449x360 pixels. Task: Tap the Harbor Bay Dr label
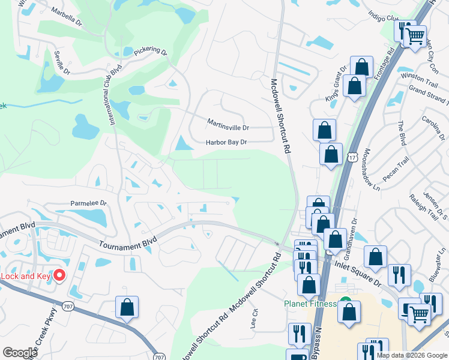point(226,143)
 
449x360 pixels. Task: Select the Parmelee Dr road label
point(89,203)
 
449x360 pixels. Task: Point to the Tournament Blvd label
point(127,243)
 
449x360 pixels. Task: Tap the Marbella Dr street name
point(67,17)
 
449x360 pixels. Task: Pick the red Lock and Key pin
point(59,275)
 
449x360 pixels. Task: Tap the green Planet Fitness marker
point(345,302)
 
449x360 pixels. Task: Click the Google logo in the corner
point(20,353)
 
